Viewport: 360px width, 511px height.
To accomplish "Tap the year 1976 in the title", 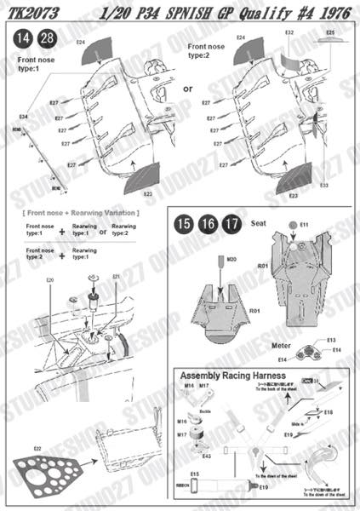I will [330, 11].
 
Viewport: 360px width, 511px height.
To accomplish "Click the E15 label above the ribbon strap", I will [195, 474].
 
